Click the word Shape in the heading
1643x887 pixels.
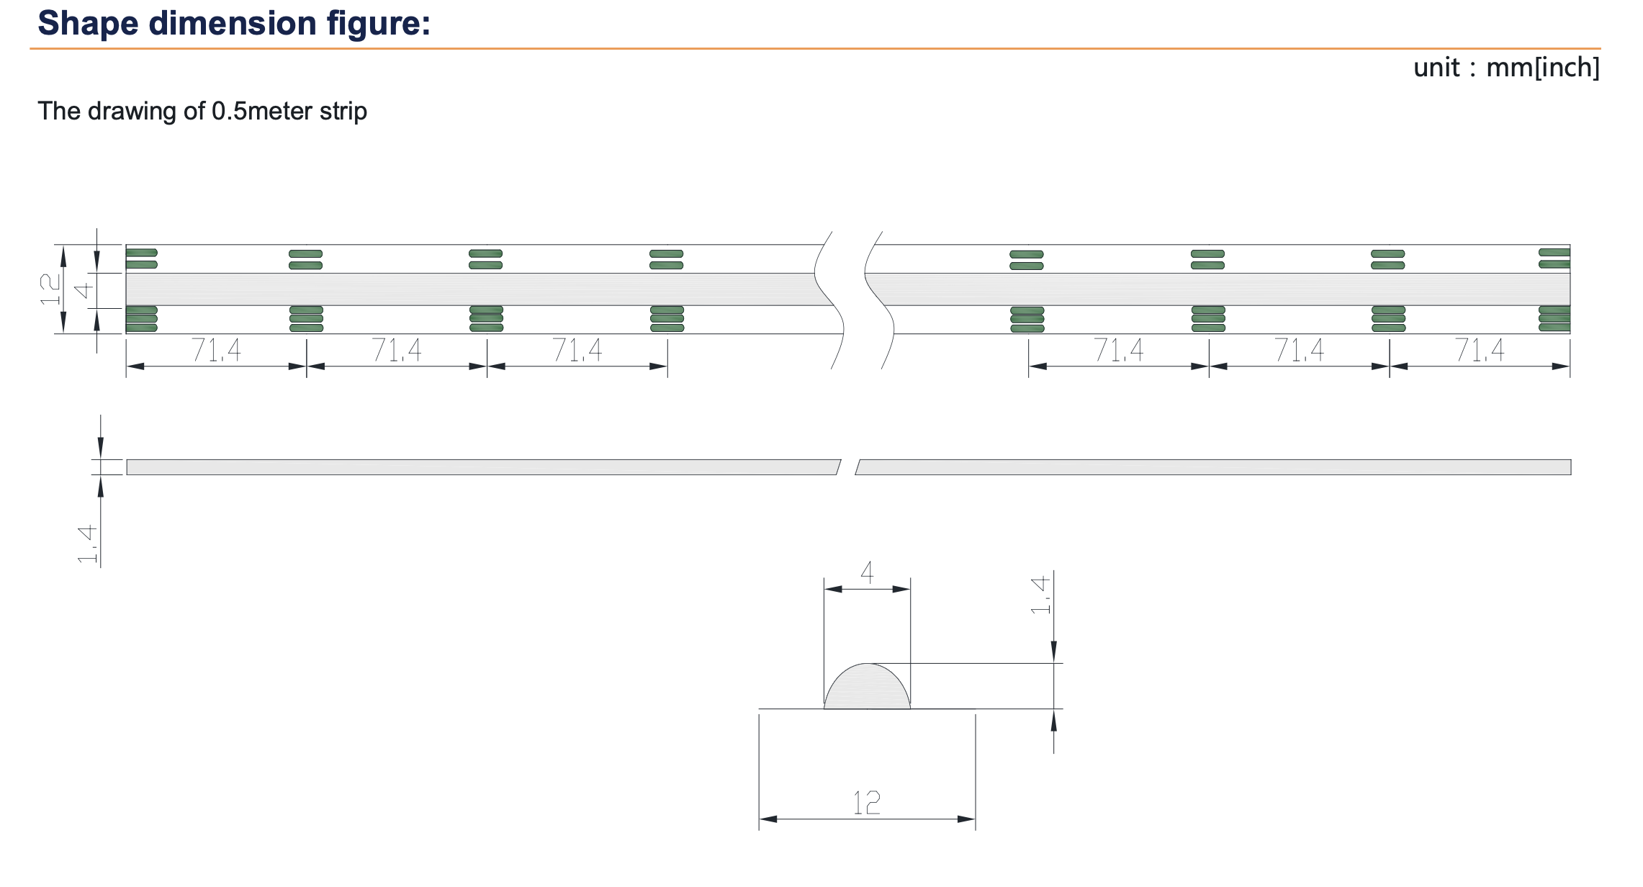(x=88, y=23)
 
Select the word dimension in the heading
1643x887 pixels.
(x=233, y=23)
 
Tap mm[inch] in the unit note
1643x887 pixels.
(x=1543, y=68)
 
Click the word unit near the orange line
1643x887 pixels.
(x=1436, y=68)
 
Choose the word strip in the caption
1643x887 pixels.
(x=343, y=111)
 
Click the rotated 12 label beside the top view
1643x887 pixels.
(x=50, y=289)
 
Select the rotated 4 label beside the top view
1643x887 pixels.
(x=84, y=290)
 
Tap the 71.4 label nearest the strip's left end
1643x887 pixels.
(x=216, y=351)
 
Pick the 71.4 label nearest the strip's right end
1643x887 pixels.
(x=1479, y=351)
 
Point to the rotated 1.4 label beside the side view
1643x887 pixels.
(x=87, y=544)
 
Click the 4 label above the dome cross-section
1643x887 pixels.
(x=867, y=573)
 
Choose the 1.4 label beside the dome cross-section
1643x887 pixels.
(x=1040, y=595)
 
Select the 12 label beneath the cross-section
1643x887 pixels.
(x=867, y=803)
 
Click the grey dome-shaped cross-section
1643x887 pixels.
(x=867, y=689)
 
